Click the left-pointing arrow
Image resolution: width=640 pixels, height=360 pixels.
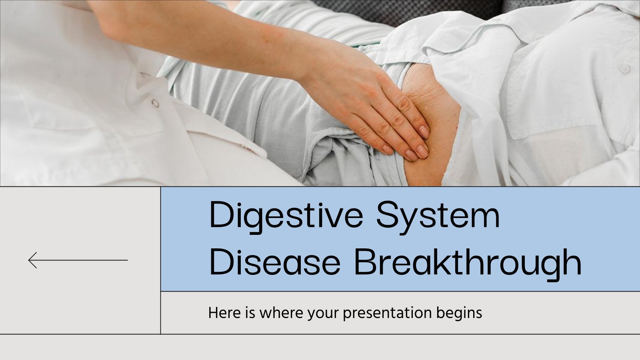click(x=78, y=260)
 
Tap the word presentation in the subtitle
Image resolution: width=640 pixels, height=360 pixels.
click(x=387, y=314)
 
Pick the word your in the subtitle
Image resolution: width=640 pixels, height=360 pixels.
click(x=323, y=314)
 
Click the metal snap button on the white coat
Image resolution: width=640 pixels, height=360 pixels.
click(x=155, y=103)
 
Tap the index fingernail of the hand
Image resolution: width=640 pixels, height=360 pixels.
click(x=424, y=132)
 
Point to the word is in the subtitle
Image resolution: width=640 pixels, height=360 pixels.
click(x=250, y=312)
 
